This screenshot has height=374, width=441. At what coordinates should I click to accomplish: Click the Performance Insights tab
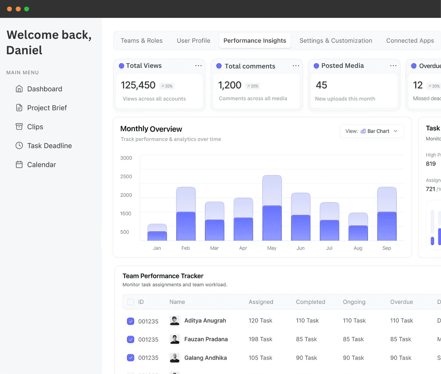[255, 41]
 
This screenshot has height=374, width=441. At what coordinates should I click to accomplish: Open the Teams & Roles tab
[141, 41]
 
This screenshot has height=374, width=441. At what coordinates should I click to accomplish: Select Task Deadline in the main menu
[49, 146]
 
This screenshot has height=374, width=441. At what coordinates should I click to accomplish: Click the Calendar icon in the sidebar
[19, 164]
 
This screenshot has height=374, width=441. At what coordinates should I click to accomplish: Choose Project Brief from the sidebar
[47, 108]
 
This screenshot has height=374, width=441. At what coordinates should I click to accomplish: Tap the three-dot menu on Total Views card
[198, 66]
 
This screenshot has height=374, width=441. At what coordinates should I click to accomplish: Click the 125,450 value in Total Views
[138, 85]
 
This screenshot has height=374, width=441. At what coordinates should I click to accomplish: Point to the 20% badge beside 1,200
[253, 86]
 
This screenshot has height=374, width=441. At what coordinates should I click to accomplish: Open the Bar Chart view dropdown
[372, 131]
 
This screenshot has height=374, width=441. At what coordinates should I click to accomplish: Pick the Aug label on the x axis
[358, 248]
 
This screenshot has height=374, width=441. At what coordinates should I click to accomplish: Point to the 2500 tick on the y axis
[126, 177]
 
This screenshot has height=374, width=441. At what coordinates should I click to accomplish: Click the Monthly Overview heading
[151, 129]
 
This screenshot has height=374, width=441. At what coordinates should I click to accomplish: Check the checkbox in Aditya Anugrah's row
[131, 321]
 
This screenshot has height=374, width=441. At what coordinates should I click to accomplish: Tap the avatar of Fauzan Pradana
[175, 339]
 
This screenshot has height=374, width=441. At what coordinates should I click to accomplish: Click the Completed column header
[310, 302]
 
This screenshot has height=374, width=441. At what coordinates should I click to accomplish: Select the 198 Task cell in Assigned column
[260, 339]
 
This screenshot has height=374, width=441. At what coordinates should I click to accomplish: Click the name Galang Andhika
[206, 358]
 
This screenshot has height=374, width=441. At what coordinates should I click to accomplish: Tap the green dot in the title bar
[27, 9]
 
